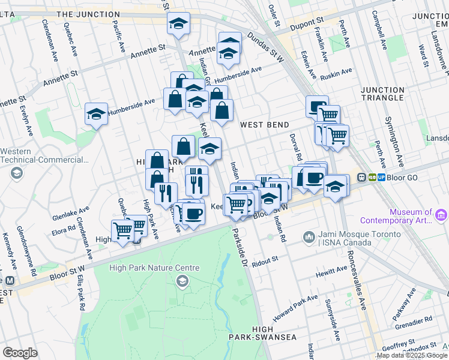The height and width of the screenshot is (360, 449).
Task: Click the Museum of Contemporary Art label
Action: click(411, 216)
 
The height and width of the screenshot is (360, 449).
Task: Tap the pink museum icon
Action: click(441, 214)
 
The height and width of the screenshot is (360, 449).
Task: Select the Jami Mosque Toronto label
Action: click(346, 238)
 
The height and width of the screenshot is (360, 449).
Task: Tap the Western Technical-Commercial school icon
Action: click(16, 173)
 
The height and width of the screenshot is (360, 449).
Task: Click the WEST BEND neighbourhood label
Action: click(264, 125)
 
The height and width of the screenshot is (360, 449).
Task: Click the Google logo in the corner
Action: click(20, 352)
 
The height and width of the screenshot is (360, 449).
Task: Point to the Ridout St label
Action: click(267, 261)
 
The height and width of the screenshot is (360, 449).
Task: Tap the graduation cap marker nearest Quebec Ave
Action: click(96, 113)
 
